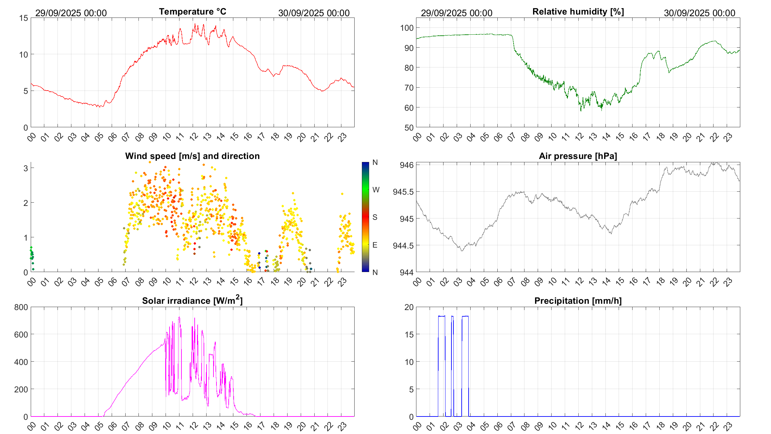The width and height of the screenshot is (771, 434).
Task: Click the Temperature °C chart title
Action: coord(192,12)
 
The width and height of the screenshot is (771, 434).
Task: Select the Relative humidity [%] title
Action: coord(578,12)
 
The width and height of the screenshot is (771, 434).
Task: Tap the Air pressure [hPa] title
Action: coord(578,156)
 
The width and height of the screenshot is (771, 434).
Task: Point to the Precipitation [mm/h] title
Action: coord(578,301)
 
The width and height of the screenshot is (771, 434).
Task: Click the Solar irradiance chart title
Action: coord(192,300)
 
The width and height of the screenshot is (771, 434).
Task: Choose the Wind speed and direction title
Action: coord(192,156)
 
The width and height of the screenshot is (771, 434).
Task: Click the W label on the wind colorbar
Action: coord(376,190)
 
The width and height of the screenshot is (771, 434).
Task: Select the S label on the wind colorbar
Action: coord(375,217)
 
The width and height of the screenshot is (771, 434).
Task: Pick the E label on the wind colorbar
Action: coord(375,245)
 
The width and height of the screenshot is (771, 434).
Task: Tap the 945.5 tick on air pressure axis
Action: coord(403,192)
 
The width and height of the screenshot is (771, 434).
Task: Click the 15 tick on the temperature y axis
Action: coord(24,18)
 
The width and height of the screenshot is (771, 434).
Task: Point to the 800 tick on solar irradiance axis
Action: coord(21,307)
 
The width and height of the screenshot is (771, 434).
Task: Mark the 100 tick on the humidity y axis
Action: coord(407,28)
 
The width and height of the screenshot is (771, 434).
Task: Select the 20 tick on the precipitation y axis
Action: coord(409,307)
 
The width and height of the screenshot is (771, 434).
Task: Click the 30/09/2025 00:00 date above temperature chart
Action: coord(314,13)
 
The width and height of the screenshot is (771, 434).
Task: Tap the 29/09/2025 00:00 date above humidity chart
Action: coord(456,13)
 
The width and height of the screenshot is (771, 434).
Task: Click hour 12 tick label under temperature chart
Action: coord(194,137)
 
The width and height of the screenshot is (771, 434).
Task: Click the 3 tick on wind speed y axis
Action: coord(26,168)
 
